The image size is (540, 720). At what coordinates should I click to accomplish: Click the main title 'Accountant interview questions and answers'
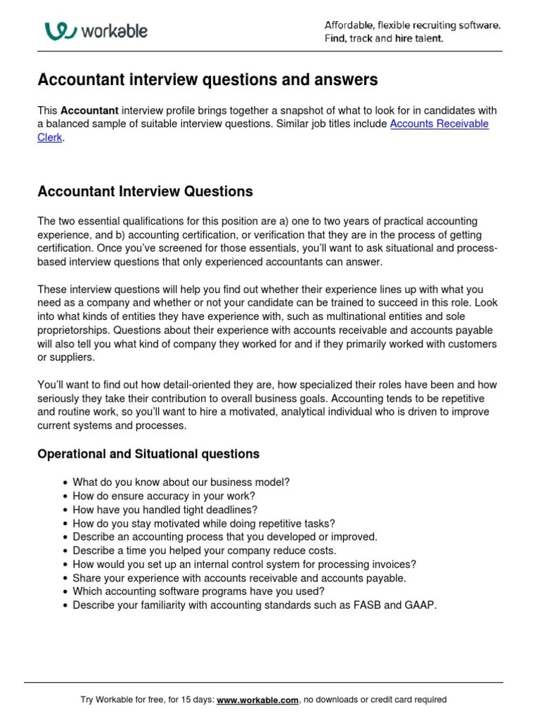(207, 80)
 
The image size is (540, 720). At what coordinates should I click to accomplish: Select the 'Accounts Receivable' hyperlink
(439, 124)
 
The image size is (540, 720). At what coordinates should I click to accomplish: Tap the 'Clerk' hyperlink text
(49, 138)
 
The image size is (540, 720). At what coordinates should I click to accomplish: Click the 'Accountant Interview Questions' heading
(145, 191)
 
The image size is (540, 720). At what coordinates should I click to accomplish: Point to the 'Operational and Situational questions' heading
(148, 454)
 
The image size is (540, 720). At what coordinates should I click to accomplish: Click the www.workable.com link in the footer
(258, 700)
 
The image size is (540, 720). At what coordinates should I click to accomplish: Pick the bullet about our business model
(181, 482)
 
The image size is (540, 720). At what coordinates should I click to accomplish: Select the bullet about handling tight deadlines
(165, 509)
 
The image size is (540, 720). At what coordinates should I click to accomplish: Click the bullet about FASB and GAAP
(255, 605)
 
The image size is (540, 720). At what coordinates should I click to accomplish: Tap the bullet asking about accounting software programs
(198, 591)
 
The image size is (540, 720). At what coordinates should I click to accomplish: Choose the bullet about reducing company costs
(204, 550)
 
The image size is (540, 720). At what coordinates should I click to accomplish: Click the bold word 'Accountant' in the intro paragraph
(88, 110)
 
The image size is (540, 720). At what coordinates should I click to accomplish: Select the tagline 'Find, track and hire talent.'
(384, 39)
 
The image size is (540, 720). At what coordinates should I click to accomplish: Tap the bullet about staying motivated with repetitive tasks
(204, 523)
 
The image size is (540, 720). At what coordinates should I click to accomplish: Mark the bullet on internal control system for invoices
(244, 564)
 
